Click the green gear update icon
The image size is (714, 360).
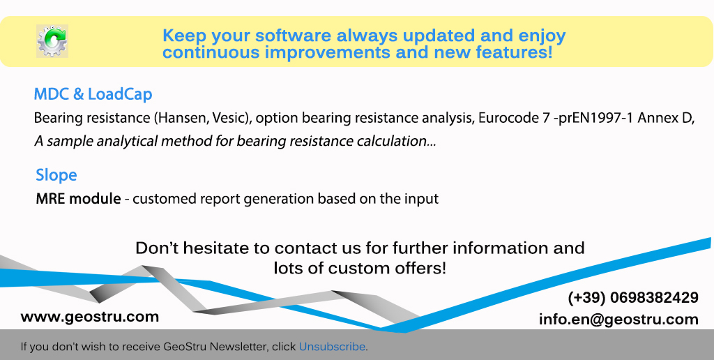click(52, 41)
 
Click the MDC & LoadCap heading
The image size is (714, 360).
click(93, 94)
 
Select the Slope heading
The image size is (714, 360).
click(56, 175)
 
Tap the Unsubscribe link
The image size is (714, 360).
click(332, 347)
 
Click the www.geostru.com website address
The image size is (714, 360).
click(90, 317)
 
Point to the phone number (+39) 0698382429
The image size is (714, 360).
click(633, 298)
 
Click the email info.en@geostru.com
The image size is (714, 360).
click(618, 320)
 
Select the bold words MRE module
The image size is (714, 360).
click(78, 199)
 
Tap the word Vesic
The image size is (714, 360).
click(229, 118)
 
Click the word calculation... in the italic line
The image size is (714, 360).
click(396, 141)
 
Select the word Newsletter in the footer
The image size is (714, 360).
click(239, 347)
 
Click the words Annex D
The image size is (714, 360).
click(665, 118)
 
